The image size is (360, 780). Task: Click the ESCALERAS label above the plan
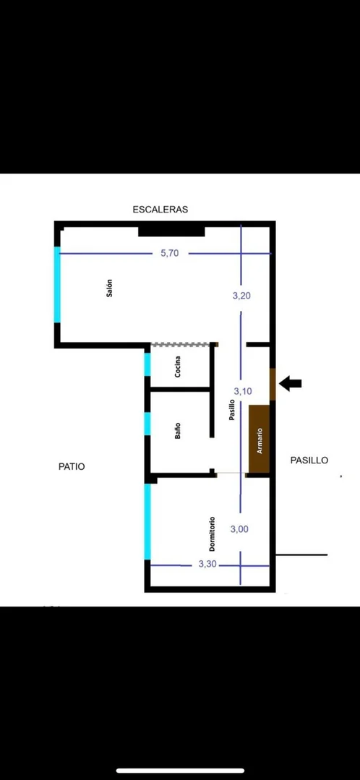coord(160,210)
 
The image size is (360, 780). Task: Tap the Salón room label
coord(109,288)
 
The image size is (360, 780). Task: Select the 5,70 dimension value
coord(169,253)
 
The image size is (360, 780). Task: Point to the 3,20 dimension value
coord(241,296)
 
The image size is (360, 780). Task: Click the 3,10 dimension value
coord(243,391)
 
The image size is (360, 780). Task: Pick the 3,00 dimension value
coord(239,529)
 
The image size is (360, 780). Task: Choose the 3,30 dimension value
coord(207,565)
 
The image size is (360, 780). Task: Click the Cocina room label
coord(178,367)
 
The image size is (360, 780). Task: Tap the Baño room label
coord(178,430)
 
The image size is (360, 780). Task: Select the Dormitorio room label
coord(213,533)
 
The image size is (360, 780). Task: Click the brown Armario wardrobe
coord(259,439)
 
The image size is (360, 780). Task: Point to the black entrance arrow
coord(291,384)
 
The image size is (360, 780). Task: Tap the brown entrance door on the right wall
coord(273,384)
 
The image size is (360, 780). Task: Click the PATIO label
coord(72,466)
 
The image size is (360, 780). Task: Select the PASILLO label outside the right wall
coord(309,460)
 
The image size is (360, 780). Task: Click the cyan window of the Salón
coord(57,285)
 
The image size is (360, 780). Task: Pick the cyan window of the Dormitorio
coord(147,522)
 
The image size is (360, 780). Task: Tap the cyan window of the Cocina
coord(147,364)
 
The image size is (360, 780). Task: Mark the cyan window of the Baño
coord(147,424)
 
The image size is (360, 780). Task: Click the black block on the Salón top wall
coord(171,231)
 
